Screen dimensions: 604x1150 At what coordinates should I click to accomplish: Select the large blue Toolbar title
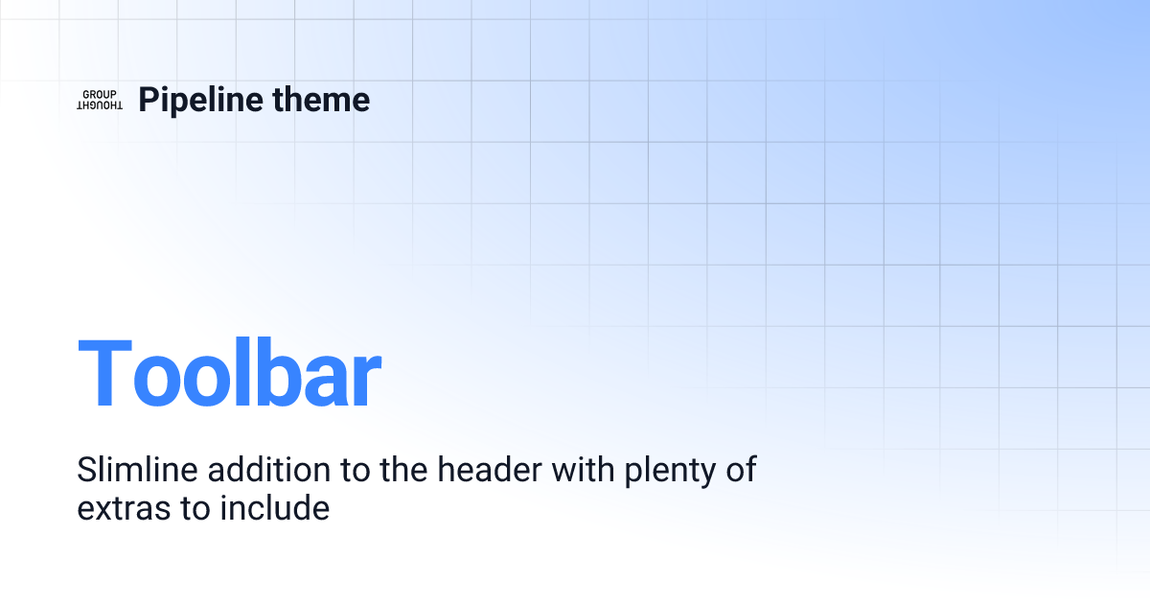(x=229, y=375)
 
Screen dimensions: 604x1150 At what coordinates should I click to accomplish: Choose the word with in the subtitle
(x=587, y=470)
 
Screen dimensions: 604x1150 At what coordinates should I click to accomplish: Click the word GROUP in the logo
(x=100, y=94)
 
